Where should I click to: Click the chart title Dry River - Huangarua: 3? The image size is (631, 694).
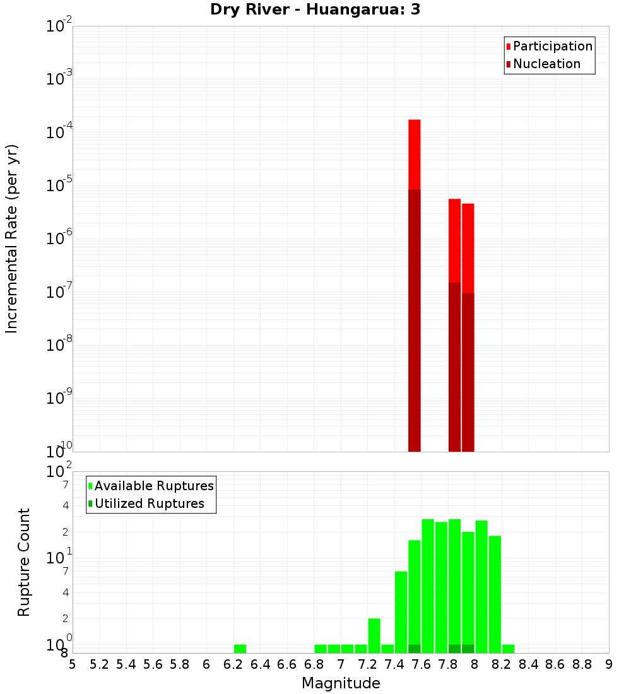(x=315, y=9)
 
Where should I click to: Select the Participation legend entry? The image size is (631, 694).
(x=553, y=46)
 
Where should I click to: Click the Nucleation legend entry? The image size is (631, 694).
(x=546, y=64)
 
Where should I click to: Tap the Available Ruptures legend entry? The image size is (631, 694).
(x=154, y=486)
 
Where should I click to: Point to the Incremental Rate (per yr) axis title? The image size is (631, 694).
(x=11, y=238)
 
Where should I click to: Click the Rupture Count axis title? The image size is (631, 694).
(x=24, y=562)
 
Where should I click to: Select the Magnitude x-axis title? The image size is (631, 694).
(x=341, y=683)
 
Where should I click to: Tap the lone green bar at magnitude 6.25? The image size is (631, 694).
(x=240, y=649)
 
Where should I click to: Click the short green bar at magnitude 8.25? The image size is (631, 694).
(x=508, y=649)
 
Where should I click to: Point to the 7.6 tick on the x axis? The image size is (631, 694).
(x=421, y=664)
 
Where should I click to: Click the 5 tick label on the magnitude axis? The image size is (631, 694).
(x=73, y=664)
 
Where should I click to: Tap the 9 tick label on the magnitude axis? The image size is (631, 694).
(x=609, y=664)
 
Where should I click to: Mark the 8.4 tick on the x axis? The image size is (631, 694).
(x=528, y=664)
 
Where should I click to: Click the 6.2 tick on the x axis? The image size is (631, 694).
(x=233, y=664)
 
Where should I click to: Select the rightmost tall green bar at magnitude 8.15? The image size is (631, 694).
(x=495, y=593)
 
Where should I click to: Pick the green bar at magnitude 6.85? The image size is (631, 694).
(x=321, y=649)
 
